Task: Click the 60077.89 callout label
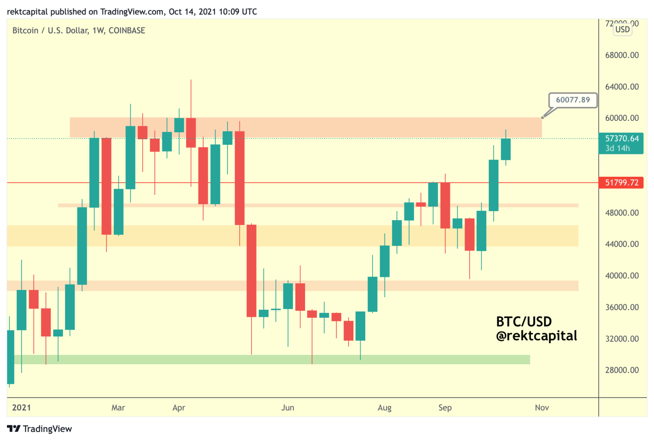pos(573,100)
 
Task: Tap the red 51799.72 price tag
pos(621,183)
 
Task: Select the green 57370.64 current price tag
pos(621,143)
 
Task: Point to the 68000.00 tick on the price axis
pos(622,55)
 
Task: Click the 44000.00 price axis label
pos(622,244)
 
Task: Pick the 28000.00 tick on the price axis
pos(622,370)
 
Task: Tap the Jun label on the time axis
pos(288,408)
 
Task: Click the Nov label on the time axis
pos(542,408)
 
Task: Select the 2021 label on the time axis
pos(21,408)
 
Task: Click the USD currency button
pos(623,29)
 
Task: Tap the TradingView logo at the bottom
pos(40,429)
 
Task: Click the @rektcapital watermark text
pos(536,336)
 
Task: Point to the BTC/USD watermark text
pos(524,322)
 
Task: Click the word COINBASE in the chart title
pos(127,31)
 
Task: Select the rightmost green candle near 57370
pos(506,149)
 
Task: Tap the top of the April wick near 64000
pos(191,80)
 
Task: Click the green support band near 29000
pos(270,359)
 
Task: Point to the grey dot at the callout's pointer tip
pos(542,118)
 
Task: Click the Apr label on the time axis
pos(179,408)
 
